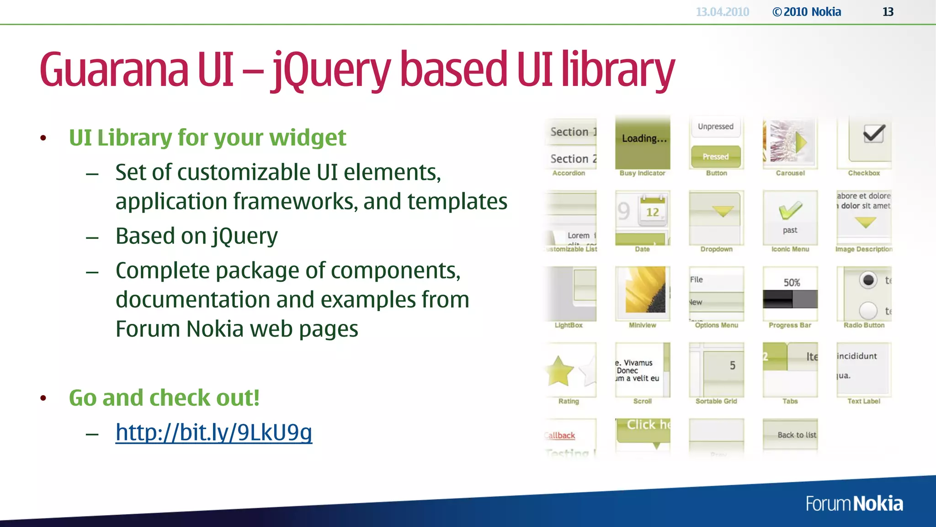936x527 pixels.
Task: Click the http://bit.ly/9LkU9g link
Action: [213, 432]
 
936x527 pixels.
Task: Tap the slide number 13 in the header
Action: [888, 12]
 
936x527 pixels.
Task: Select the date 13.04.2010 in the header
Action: [722, 12]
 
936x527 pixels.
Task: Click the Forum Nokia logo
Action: [854, 504]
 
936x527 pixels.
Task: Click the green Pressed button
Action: [716, 156]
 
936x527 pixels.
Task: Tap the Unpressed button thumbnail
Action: [716, 127]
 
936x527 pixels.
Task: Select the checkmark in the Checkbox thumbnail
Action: [874, 134]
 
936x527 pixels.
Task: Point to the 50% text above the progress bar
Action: [792, 283]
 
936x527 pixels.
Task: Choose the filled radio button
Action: [868, 280]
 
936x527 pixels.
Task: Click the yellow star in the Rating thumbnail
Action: [559, 371]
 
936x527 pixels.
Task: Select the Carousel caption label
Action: [790, 173]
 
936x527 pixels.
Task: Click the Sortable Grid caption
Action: [716, 401]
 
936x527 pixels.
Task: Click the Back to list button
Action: [797, 435]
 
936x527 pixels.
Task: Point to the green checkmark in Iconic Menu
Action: [790, 210]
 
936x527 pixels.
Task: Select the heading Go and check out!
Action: [164, 398]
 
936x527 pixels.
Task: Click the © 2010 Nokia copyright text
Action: [807, 12]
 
